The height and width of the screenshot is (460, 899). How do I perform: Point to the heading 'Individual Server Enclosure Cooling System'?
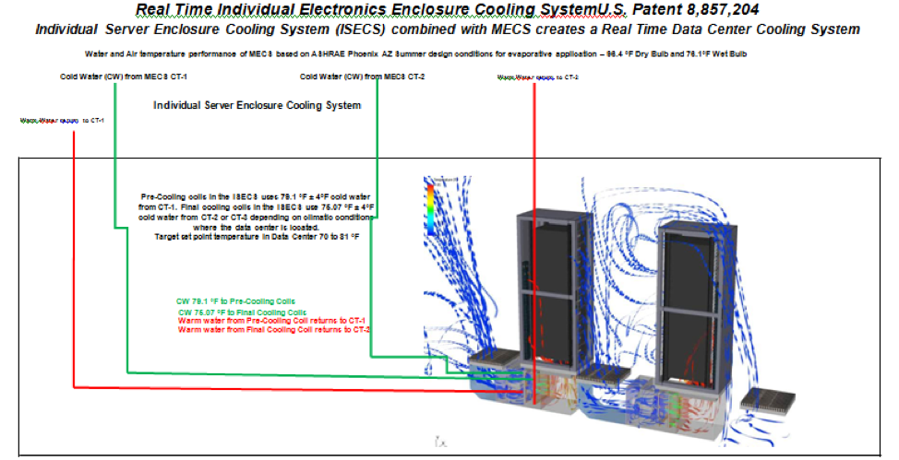(x=257, y=105)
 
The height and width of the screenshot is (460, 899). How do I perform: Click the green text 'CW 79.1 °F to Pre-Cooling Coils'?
(x=235, y=301)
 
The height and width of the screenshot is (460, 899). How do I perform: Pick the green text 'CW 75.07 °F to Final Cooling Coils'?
(x=242, y=312)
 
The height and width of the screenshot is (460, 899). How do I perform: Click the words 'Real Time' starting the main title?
(x=172, y=11)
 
